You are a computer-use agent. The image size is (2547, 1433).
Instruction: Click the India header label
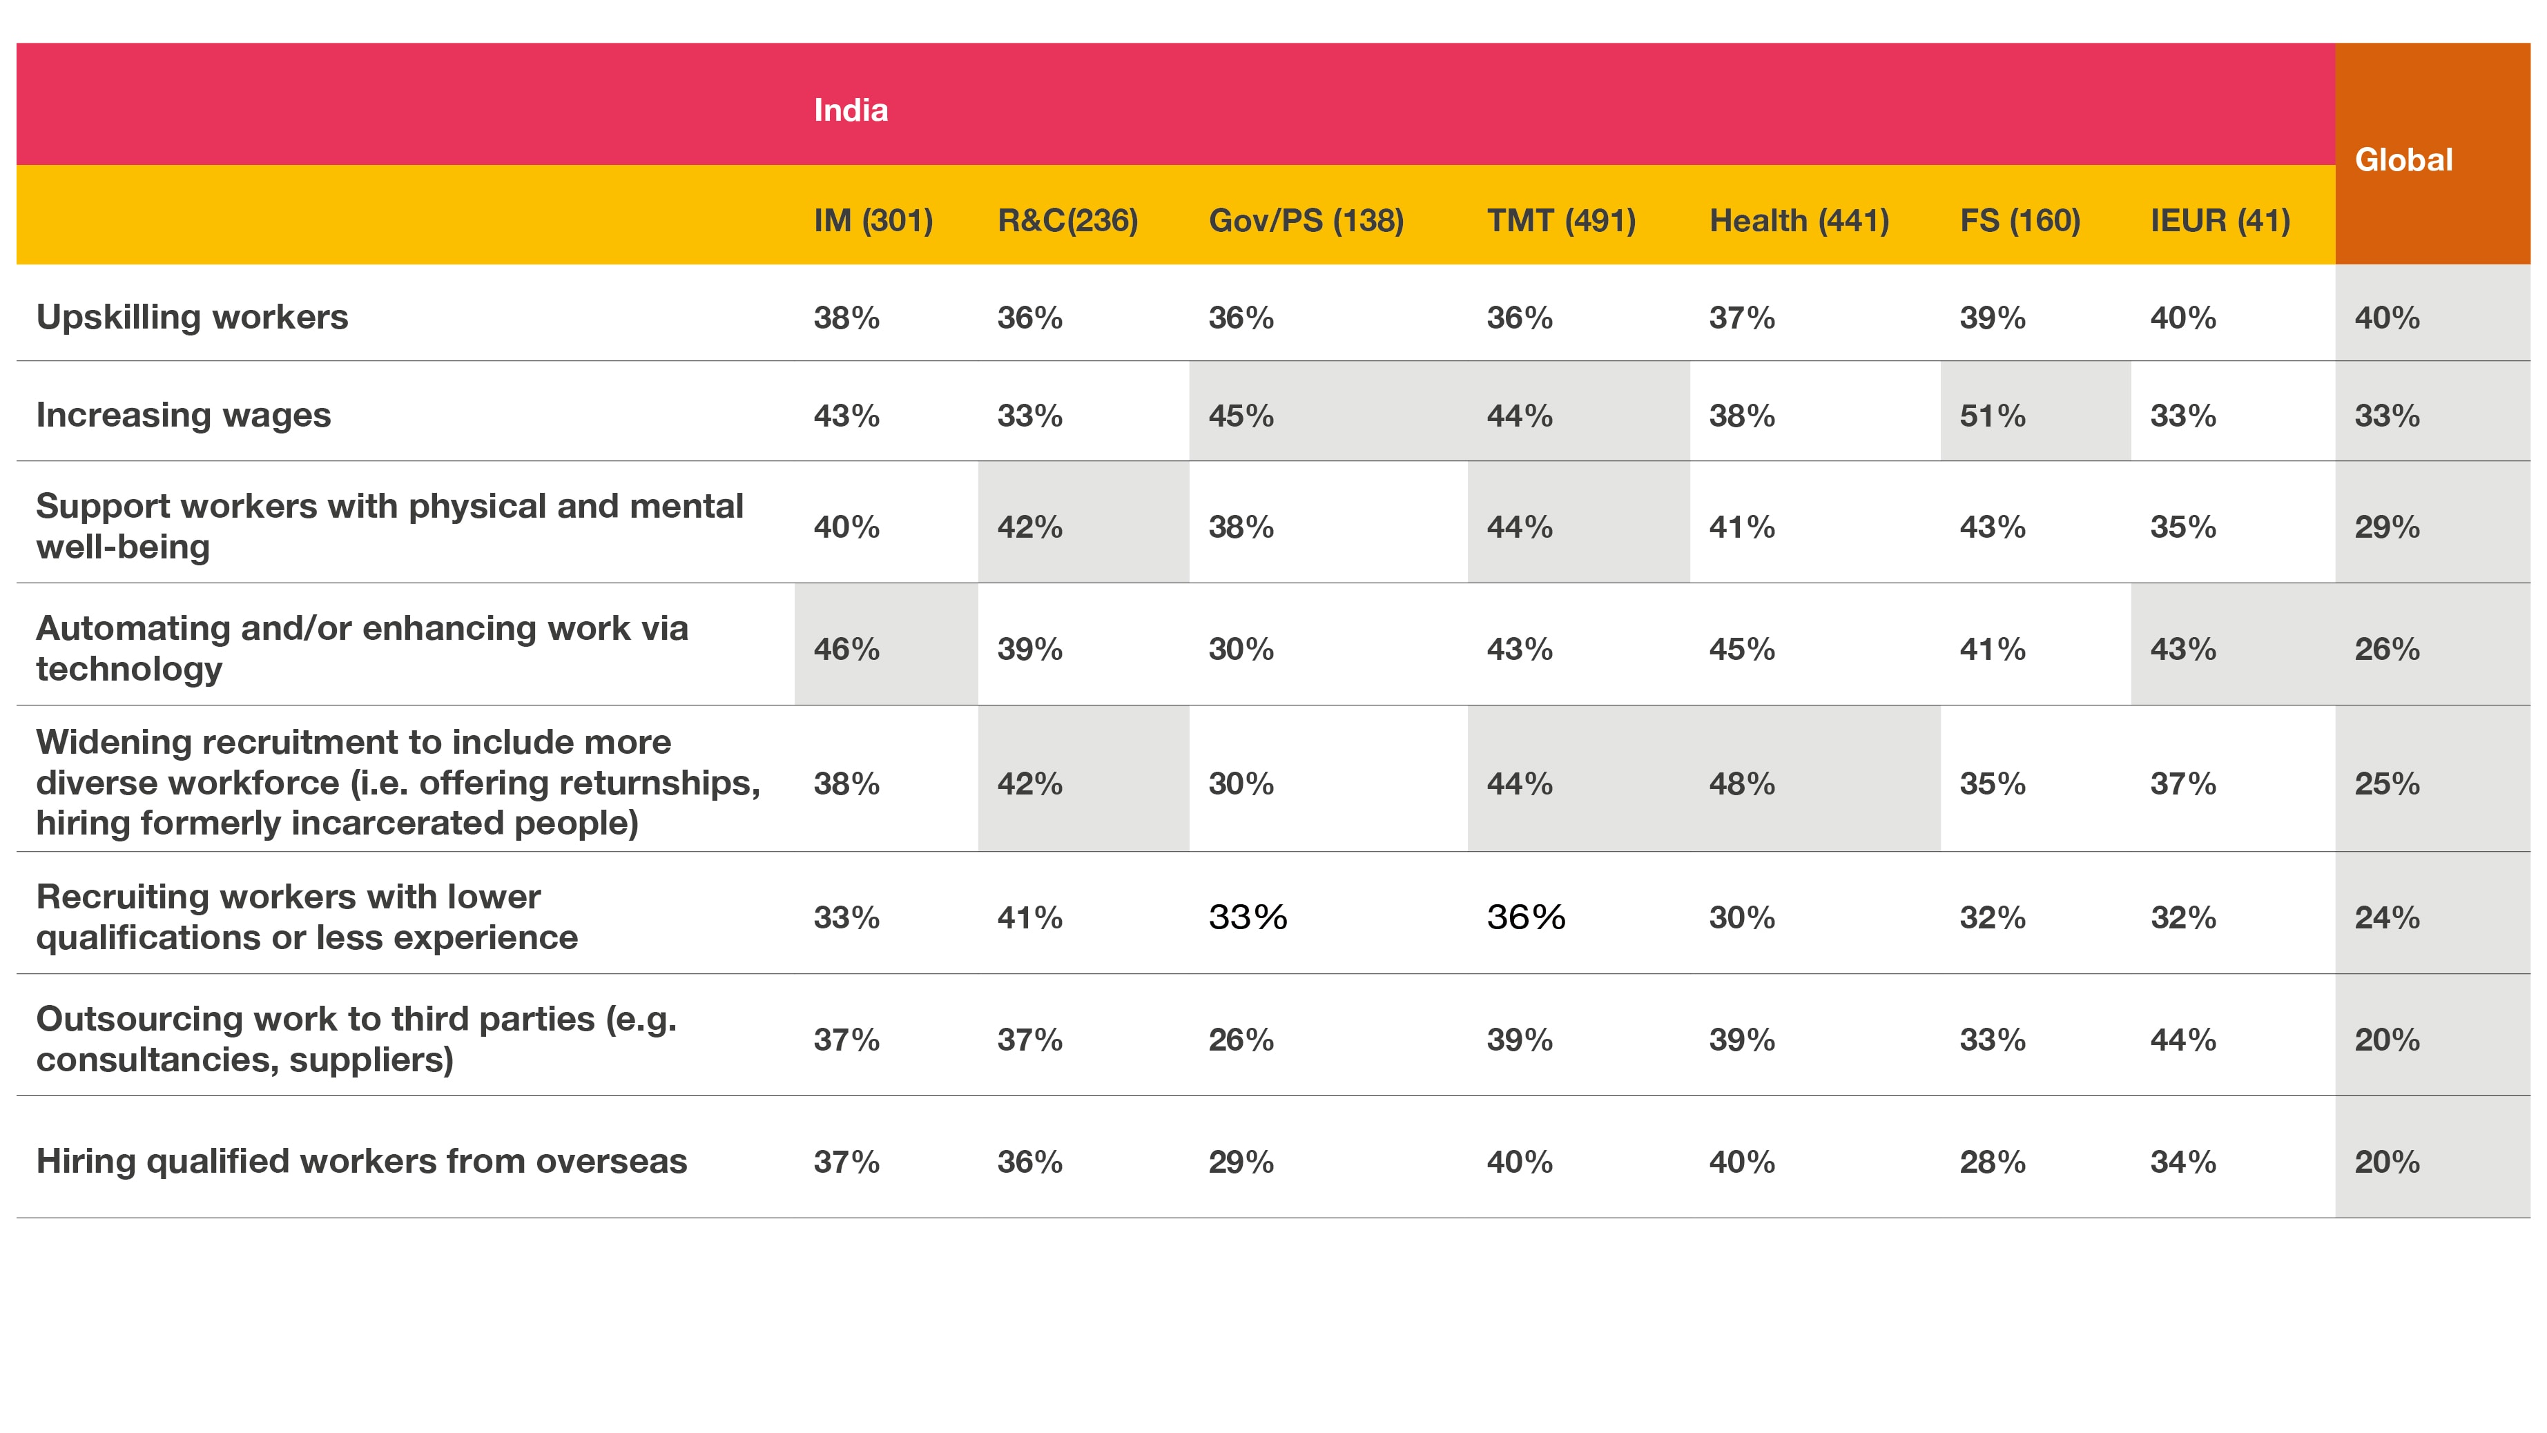pyautogui.click(x=851, y=110)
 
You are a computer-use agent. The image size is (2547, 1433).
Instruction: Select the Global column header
pyautogui.click(x=2403, y=159)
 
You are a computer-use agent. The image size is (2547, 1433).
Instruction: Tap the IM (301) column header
pyautogui.click(x=873, y=220)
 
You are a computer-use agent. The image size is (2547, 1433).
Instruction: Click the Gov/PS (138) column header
pyautogui.click(x=1305, y=220)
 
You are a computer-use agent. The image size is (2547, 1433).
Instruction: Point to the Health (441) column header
pyautogui.click(x=1799, y=220)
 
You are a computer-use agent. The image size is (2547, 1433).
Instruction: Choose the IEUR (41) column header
pyautogui.click(x=2220, y=220)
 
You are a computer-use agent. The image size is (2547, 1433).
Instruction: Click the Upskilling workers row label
pyautogui.click(x=192, y=318)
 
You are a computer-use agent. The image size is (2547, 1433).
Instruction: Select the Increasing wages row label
pyautogui.click(x=183, y=415)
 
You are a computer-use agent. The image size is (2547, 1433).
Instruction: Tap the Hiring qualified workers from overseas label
pyautogui.click(x=361, y=1161)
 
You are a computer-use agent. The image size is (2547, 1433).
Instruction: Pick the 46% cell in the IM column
pyautogui.click(x=846, y=650)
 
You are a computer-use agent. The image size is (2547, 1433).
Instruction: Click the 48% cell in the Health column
pyautogui.click(x=1741, y=783)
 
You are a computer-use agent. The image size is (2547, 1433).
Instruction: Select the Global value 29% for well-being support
pyautogui.click(x=2387, y=527)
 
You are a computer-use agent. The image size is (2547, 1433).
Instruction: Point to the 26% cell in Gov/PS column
pyautogui.click(x=1241, y=1040)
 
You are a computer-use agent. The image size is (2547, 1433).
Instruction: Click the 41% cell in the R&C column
pyautogui.click(x=1029, y=918)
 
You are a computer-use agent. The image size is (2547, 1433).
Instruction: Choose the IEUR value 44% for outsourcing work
pyautogui.click(x=2182, y=1040)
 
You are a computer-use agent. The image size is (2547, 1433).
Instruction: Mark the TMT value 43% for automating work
pyautogui.click(x=1519, y=650)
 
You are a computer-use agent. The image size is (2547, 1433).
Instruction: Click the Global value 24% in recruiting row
pyautogui.click(x=2387, y=918)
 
